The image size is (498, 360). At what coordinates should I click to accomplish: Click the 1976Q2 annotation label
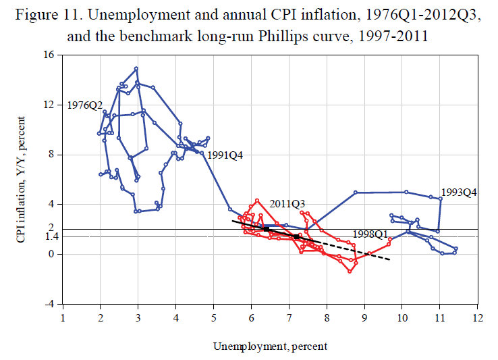[x=85, y=105]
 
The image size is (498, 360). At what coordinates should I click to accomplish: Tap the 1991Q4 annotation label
[x=225, y=155]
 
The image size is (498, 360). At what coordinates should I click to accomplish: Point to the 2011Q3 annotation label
[x=287, y=203]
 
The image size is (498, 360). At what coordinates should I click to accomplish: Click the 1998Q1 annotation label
[x=371, y=234]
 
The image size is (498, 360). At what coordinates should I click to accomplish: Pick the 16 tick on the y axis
[x=49, y=55]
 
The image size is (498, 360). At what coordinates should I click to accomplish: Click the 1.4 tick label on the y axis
[x=46, y=236]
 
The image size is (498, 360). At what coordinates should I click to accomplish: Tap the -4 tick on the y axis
[x=49, y=304]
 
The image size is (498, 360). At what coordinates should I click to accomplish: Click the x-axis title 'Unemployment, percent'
[x=270, y=346]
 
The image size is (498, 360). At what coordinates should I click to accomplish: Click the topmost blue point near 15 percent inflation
[x=136, y=68]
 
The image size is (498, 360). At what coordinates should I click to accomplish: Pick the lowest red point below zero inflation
[x=350, y=272]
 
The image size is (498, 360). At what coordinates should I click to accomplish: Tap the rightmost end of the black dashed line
[x=389, y=259]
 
